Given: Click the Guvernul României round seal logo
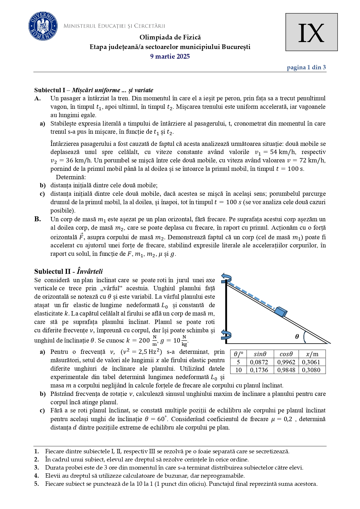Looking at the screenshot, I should point(43,26).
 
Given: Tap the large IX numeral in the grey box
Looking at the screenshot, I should point(311,33).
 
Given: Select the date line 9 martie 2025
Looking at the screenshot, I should point(170,57).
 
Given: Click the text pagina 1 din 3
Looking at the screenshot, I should point(306,68).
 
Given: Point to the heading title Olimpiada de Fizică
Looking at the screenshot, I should point(170,37).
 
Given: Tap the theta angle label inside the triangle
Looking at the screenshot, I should point(297,337).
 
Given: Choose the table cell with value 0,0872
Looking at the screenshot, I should point(259,362).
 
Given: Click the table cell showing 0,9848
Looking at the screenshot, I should point(286,370).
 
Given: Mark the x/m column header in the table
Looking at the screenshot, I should point(312,354).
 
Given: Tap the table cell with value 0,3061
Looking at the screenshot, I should point(311,362).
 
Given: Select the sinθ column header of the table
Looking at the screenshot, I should point(260,354).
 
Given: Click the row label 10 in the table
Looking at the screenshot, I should point(238,370).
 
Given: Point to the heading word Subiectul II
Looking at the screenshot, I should point(52,271).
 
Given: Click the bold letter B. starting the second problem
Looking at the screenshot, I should point(37,219).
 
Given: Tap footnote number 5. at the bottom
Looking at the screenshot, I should point(37,484).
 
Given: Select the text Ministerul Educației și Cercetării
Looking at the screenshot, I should point(114,26).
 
